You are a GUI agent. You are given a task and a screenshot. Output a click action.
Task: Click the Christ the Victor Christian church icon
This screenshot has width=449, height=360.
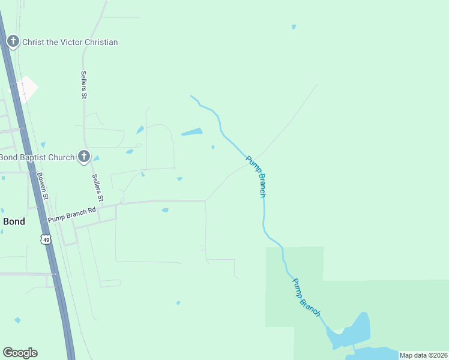(13, 42)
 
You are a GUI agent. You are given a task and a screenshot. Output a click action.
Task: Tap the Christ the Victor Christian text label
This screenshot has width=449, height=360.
(70, 42)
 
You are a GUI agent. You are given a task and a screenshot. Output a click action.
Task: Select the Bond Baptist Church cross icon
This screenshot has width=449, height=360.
(84, 157)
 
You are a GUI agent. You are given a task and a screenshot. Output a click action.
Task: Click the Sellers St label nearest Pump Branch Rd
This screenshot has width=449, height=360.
(98, 188)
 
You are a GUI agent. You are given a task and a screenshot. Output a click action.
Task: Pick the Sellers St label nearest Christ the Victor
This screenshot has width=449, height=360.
(84, 85)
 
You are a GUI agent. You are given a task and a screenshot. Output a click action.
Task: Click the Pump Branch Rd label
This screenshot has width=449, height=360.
(72, 214)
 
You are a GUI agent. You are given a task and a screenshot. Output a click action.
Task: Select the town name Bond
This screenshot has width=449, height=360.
(14, 221)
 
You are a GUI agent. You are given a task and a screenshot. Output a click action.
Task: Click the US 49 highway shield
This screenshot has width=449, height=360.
(46, 239)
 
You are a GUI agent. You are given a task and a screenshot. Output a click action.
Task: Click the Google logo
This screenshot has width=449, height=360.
(20, 353)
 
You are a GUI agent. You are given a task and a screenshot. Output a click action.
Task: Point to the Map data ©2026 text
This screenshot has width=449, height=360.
(423, 355)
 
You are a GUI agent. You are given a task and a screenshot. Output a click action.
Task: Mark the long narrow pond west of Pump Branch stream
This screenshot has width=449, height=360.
(191, 132)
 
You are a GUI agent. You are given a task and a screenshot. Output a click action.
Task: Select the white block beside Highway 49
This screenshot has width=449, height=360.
(26, 89)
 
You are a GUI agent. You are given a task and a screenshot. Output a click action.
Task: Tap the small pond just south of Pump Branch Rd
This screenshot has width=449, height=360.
(165, 210)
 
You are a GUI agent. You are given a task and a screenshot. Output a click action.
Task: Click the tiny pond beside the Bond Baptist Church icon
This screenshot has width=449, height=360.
(96, 158)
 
